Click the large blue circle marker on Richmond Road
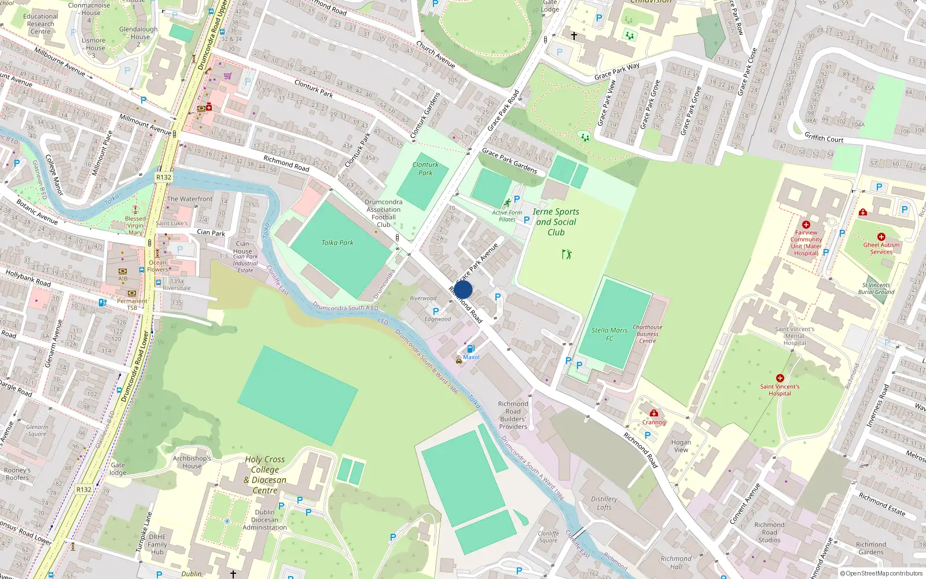pyautogui.click(x=463, y=289)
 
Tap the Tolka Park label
pyautogui.click(x=337, y=243)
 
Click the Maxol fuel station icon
pyautogui.click(x=471, y=349)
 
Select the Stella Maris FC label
pyautogui.click(x=609, y=334)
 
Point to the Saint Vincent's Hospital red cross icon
pyautogui.click(x=780, y=378)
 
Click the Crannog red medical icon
pyautogui.click(x=653, y=413)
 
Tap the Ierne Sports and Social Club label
pyautogui.click(x=556, y=222)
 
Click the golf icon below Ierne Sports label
pyautogui.click(x=566, y=254)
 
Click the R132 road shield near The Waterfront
pyautogui.click(x=164, y=177)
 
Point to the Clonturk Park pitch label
pyautogui.click(x=425, y=168)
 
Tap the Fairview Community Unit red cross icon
pyautogui.click(x=806, y=225)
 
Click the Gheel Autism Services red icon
pyautogui.click(x=881, y=237)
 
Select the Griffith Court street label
pyautogui.click(x=824, y=138)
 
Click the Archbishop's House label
pyautogui.click(x=192, y=462)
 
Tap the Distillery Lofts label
pyautogui.click(x=604, y=503)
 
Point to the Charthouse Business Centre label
pyautogui.click(x=648, y=334)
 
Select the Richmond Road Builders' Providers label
pyautogui.click(x=513, y=415)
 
